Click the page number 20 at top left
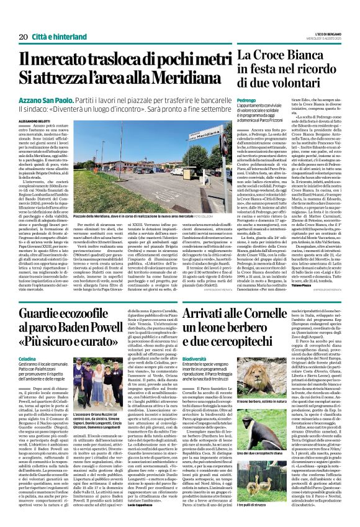[16, 20]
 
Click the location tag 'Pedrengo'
[246, 99]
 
